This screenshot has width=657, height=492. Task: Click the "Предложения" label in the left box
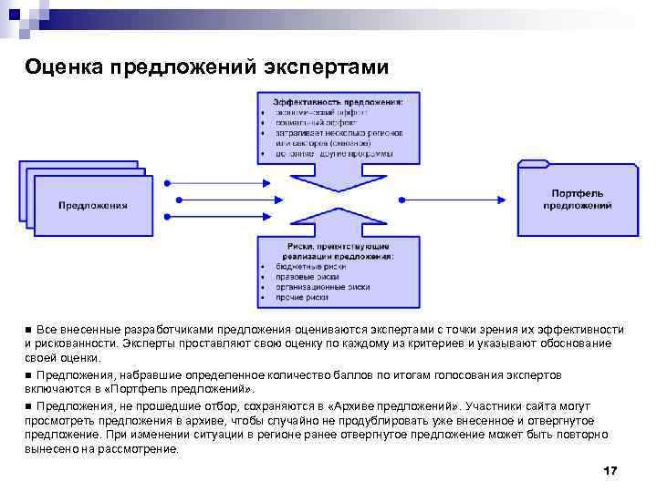tap(93, 205)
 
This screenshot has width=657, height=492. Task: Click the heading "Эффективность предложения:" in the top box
tap(339, 101)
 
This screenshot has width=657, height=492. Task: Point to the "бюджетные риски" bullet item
tap(310, 267)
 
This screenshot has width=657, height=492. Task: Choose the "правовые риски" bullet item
tap(306, 277)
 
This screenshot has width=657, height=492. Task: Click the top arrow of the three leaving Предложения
tap(219, 179)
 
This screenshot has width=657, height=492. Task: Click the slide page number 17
tap(610, 470)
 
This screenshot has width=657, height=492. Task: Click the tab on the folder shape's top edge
tap(534, 164)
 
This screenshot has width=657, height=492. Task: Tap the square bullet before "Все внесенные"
tap(28, 329)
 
